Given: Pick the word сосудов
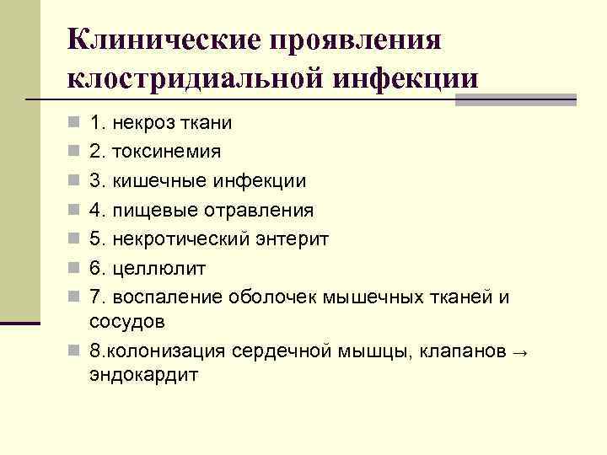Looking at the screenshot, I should click(x=127, y=321).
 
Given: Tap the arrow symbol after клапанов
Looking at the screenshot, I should click(x=517, y=351).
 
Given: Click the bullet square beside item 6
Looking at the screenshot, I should click(x=75, y=269).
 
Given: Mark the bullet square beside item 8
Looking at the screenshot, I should click(x=75, y=351).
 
